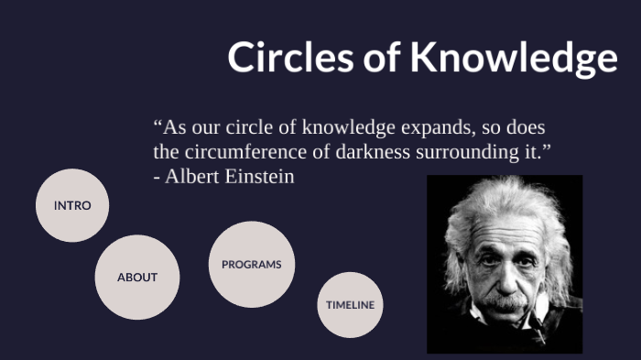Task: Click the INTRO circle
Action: coord(72,205)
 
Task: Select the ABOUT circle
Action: coord(137,277)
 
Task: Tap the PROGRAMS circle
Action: coord(252,265)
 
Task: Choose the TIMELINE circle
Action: coord(351,305)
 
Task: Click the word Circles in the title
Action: coord(293,57)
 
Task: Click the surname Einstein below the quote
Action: coord(260,177)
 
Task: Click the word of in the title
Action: coord(384,57)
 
